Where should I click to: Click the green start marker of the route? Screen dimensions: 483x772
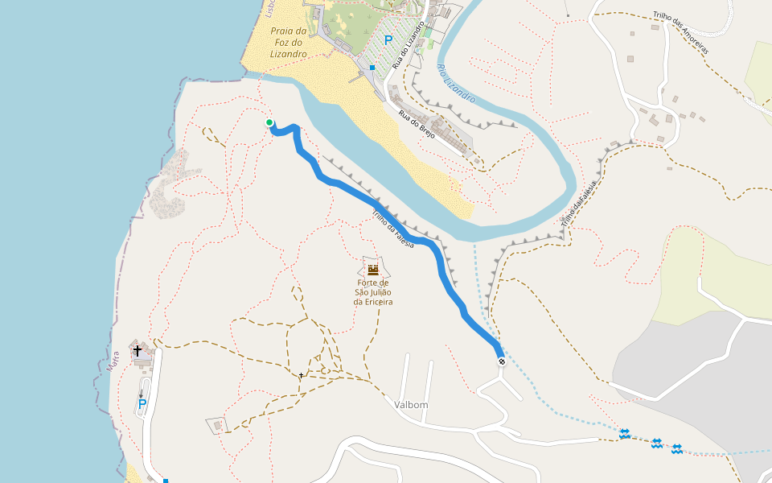[269, 122]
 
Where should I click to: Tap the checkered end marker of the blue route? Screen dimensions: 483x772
[502, 362]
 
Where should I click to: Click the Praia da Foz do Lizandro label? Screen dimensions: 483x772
[289, 42]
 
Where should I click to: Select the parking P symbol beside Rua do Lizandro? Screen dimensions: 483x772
[388, 39]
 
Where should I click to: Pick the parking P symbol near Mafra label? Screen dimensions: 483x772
[142, 404]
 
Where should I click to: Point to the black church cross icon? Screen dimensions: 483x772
[137, 351]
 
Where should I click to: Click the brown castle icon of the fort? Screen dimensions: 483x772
[372, 270]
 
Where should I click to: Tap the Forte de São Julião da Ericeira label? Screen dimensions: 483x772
[373, 292]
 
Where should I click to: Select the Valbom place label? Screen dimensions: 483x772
[411, 405]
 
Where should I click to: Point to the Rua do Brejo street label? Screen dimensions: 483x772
[417, 125]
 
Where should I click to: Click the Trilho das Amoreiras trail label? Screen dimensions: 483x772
[680, 32]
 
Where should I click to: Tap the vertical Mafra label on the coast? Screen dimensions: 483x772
[113, 360]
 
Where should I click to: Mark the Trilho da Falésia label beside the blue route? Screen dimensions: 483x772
[393, 229]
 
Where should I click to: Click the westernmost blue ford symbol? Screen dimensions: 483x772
[624, 434]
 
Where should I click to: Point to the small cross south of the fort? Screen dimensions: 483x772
[302, 375]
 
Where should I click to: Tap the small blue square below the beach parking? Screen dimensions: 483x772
[372, 68]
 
